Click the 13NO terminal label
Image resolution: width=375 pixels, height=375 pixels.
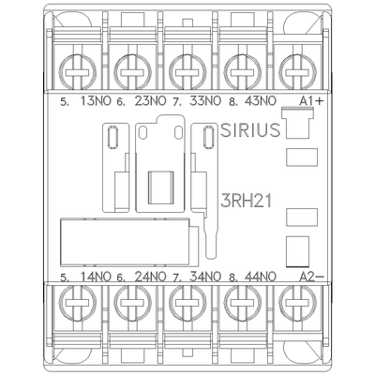click(x=96, y=101)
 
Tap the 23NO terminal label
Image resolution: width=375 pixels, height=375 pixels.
click(x=151, y=101)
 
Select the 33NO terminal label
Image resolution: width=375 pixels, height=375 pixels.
click(x=205, y=101)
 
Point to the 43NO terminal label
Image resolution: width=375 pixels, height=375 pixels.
click(x=261, y=101)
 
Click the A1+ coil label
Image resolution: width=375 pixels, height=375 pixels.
click(x=311, y=101)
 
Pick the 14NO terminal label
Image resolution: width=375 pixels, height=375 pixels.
click(x=96, y=277)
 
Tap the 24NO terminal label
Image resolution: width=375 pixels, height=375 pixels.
click(x=151, y=277)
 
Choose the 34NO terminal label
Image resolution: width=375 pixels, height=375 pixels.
click(x=205, y=277)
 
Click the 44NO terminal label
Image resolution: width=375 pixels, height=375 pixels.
click(x=261, y=277)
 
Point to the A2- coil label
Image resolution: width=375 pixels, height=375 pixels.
click(x=311, y=277)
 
